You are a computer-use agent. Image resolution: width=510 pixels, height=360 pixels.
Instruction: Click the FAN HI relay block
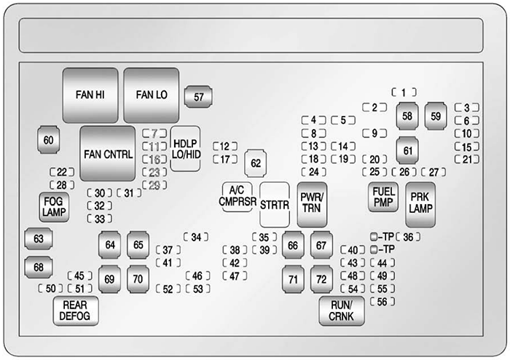click(90, 95)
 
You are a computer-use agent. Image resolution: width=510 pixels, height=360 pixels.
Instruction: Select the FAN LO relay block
click(152, 95)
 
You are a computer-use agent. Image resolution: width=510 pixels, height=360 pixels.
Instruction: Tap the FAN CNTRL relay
click(108, 154)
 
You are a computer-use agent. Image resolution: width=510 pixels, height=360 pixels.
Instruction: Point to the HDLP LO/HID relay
click(185, 149)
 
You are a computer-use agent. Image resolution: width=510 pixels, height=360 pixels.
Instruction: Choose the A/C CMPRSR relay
click(238, 197)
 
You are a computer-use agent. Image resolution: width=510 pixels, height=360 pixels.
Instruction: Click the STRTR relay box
click(275, 205)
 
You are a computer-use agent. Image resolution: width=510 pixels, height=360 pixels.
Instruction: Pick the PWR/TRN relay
click(312, 205)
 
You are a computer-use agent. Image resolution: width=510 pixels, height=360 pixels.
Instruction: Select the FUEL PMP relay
click(383, 197)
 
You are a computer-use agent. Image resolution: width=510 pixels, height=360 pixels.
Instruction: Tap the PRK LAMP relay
click(420, 205)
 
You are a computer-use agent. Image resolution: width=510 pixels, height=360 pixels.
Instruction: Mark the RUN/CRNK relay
click(342, 311)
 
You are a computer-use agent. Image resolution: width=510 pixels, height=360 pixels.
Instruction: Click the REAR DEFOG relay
click(76, 311)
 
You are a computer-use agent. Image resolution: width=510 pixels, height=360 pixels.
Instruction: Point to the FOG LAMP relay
click(54, 207)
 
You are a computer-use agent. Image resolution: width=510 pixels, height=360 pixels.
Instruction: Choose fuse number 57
click(198, 97)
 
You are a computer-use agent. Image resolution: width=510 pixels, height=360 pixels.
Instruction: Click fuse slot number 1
click(404, 93)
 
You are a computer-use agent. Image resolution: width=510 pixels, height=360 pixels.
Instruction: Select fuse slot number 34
click(196, 237)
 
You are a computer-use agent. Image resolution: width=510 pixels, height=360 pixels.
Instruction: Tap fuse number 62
click(256, 163)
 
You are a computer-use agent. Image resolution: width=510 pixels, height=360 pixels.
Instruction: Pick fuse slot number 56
click(382, 302)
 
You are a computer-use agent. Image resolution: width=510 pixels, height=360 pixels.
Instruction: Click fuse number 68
click(39, 267)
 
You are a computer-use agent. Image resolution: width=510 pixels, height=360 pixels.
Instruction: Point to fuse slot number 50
click(50, 289)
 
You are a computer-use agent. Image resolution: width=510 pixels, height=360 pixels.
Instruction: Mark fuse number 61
click(407, 151)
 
